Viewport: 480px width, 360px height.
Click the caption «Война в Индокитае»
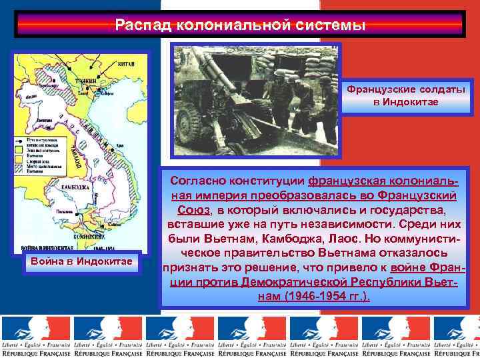[81, 260]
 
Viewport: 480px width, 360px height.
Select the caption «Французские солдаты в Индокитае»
[405, 95]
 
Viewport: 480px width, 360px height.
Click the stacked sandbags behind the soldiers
[293, 63]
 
